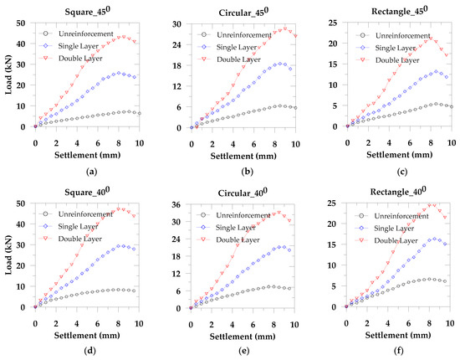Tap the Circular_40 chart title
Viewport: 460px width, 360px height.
pyautogui.click(x=243, y=192)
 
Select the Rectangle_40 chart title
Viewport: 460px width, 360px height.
pyautogui.click(x=398, y=191)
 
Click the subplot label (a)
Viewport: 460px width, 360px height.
pyautogui.click(x=92, y=172)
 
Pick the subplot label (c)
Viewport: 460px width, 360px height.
pyautogui.click(x=401, y=172)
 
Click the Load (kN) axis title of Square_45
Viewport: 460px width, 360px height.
pyautogui.click(x=8, y=75)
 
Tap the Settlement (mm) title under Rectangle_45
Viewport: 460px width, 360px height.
pyautogui.click(x=399, y=154)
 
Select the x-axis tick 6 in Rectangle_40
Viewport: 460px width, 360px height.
pyautogui.click(x=408, y=324)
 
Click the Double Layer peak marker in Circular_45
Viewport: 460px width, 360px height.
pyautogui.click(x=285, y=28)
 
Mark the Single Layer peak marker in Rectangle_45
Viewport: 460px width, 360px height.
pyautogui.click(x=436, y=71)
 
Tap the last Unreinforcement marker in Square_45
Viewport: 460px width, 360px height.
pyautogui.click(x=140, y=113)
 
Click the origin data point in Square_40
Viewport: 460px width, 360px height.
pyautogui.click(x=35, y=307)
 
